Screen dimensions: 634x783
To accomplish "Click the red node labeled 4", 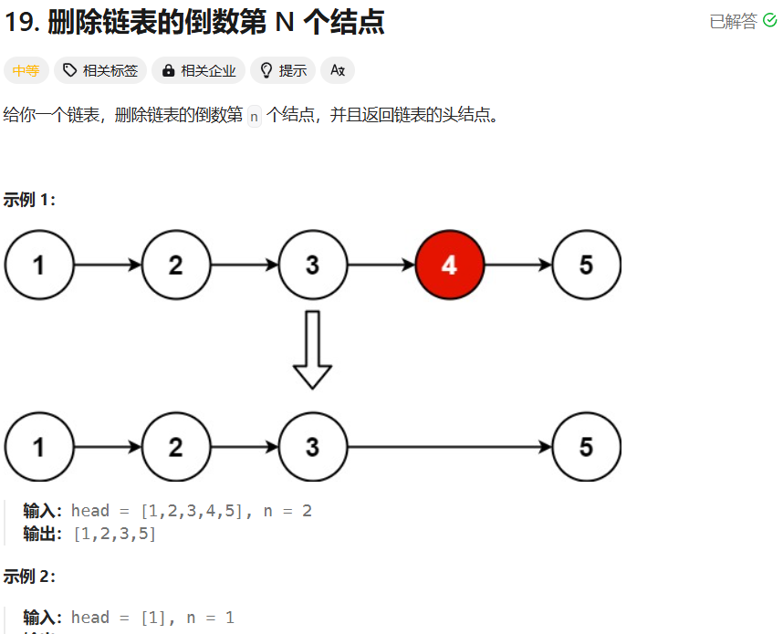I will click(x=449, y=265).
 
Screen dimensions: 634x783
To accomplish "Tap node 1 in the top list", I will click(x=38, y=265).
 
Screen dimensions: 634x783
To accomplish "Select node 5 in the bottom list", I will click(x=586, y=447).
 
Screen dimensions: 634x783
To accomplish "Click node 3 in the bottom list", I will click(x=312, y=447).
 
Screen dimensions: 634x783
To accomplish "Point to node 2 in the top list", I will click(x=175, y=265).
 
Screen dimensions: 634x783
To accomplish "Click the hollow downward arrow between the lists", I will click(x=312, y=349).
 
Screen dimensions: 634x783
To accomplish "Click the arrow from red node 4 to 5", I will click(x=517, y=265).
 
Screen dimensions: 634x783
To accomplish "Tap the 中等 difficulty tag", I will click(x=26, y=70).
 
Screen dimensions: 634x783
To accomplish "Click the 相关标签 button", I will click(x=100, y=70).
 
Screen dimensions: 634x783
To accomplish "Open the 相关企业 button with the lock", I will click(x=199, y=70).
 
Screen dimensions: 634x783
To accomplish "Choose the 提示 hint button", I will click(x=283, y=70).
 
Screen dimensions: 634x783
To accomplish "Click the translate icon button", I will click(x=338, y=70).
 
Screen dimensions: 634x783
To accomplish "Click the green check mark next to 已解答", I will click(x=769, y=21).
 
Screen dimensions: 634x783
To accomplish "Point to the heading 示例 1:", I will click(x=29, y=200).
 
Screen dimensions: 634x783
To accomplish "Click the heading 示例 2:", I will click(x=29, y=577).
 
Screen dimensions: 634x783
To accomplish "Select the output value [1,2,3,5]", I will click(x=114, y=534).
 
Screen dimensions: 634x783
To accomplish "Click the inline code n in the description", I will click(x=254, y=116).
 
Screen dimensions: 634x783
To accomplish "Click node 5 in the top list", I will click(x=586, y=265).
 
